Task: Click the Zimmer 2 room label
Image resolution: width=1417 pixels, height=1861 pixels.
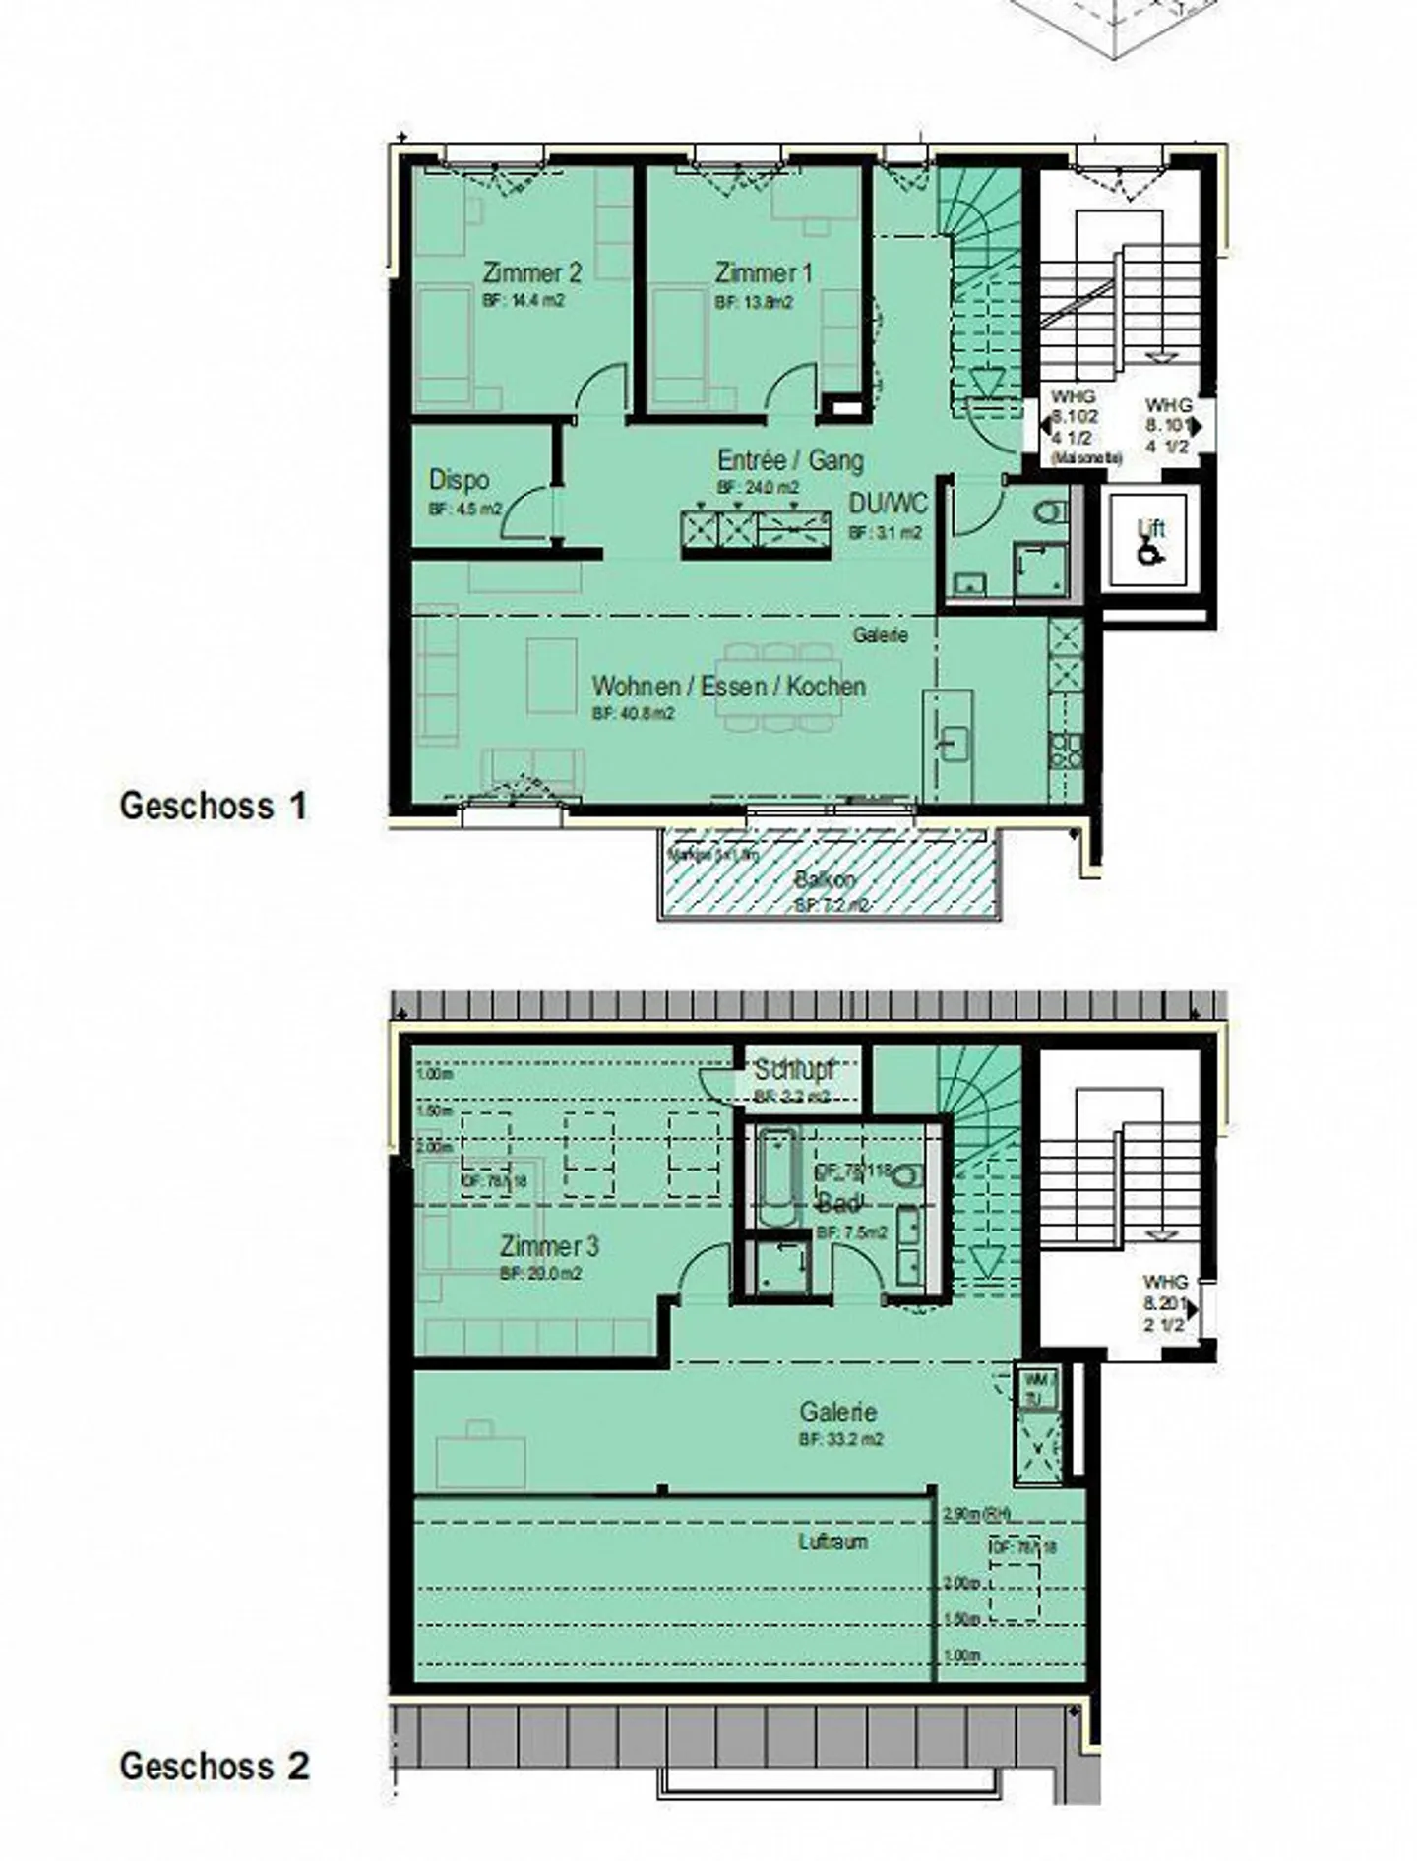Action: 532,273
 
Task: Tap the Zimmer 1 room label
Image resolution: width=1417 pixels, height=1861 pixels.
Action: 764,273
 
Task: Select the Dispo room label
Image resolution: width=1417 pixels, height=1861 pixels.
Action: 459,481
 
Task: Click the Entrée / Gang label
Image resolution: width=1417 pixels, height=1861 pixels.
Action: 790,460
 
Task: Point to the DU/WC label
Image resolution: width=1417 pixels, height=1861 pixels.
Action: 888,504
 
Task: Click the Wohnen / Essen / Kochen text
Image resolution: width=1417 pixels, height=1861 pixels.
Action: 729,687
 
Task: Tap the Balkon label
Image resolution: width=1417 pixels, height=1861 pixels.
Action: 825,879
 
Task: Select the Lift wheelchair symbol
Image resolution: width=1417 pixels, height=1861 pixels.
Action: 1148,554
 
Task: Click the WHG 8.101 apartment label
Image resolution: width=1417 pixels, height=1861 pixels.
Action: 1168,425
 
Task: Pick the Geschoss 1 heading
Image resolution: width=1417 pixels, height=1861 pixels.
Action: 214,807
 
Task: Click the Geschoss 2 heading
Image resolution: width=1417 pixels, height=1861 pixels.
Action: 215,1766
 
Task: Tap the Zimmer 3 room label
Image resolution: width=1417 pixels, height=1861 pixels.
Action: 549,1247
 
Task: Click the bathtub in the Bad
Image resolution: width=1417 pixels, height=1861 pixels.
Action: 776,1179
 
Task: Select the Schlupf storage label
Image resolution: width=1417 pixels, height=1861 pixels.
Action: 794,1069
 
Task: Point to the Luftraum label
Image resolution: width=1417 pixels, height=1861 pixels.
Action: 832,1542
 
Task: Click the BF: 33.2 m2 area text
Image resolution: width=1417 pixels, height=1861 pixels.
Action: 840,1439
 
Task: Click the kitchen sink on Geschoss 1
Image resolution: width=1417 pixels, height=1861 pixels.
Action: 952,745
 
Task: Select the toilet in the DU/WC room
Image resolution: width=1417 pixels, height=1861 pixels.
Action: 1049,512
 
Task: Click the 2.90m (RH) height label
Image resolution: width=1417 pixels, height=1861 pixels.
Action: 976,1515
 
